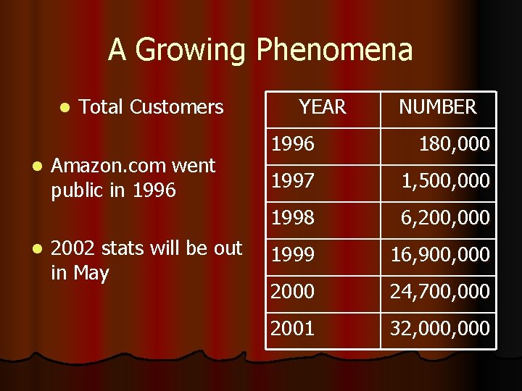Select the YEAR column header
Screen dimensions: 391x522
click(x=322, y=108)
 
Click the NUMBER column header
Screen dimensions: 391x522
click(x=438, y=108)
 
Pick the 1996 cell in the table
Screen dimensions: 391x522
click(x=293, y=144)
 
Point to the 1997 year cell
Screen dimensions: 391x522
click(x=293, y=180)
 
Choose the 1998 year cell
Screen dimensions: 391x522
click(x=293, y=217)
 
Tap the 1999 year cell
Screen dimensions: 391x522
click(x=293, y=255)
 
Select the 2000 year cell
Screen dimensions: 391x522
click(x=293, y=292)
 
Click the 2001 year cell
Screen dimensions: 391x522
click(x=293, y=329)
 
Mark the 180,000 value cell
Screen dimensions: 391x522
click(x=455, y=144)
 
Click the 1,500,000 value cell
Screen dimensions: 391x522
click(x=446, y=180)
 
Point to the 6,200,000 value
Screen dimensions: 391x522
click(x=446, y=217)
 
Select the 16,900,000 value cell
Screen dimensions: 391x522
click(x=439, y=255)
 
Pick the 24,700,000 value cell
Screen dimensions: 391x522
click(x=439, y=292)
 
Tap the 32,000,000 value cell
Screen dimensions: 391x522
click(x=439, y=329)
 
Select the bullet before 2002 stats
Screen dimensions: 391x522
click(x=38, y=249)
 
